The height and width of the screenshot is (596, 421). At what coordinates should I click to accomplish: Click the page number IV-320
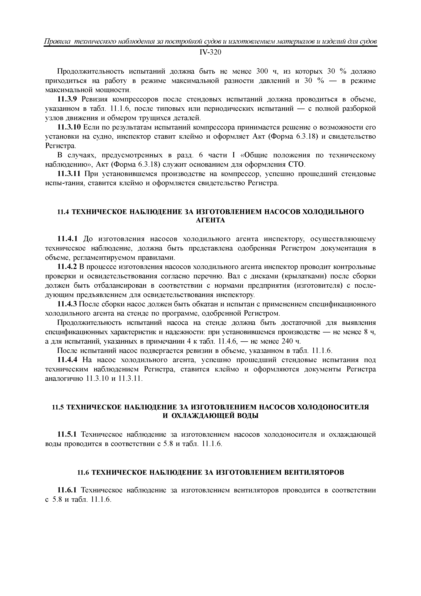(x=210, y=52)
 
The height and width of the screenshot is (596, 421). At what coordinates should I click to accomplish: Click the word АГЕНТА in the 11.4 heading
(x=210, y=220)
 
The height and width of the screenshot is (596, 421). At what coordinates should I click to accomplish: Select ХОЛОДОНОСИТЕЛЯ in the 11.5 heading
(x=333, y=407)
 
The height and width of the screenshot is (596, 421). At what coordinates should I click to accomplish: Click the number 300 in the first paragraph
(x=263, y=71)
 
